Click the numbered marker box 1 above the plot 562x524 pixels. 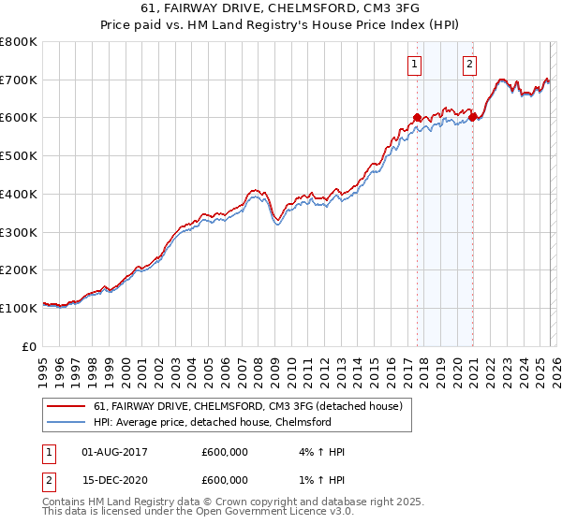[414, 65]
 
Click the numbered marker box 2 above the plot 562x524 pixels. [469, 65]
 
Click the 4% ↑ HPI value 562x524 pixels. [318, 452]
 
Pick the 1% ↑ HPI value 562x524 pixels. [318, 480]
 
